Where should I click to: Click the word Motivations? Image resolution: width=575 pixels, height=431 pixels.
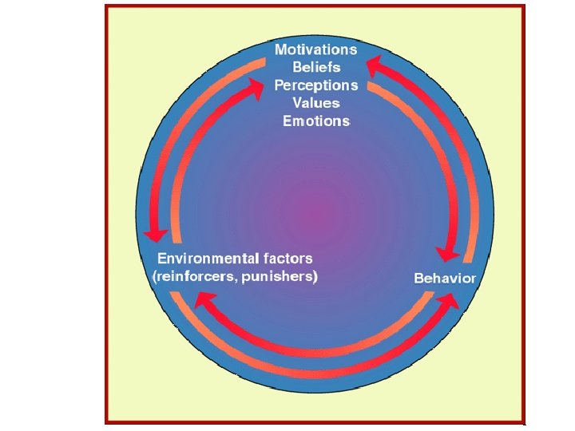click(x=316, y=49)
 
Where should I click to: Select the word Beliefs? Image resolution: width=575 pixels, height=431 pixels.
click(x=317, y=67)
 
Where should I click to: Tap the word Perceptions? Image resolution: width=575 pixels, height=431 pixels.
click(x=317, y=85)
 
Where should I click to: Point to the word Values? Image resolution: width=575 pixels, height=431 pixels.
click(x=316, y=103)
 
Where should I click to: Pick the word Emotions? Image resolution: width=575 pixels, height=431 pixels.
click(x=316, y=121)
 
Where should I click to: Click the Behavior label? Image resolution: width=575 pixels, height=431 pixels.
click(x=445, y=279)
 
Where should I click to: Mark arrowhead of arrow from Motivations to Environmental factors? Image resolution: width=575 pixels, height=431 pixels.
click(x=155, y=235)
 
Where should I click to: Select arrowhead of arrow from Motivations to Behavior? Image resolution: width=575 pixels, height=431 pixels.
click(x=448, y=254)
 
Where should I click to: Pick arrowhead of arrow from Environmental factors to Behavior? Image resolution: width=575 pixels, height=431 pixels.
click(x=449, y=301)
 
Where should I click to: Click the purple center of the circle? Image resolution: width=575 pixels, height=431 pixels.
click(x=317, y=214)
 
